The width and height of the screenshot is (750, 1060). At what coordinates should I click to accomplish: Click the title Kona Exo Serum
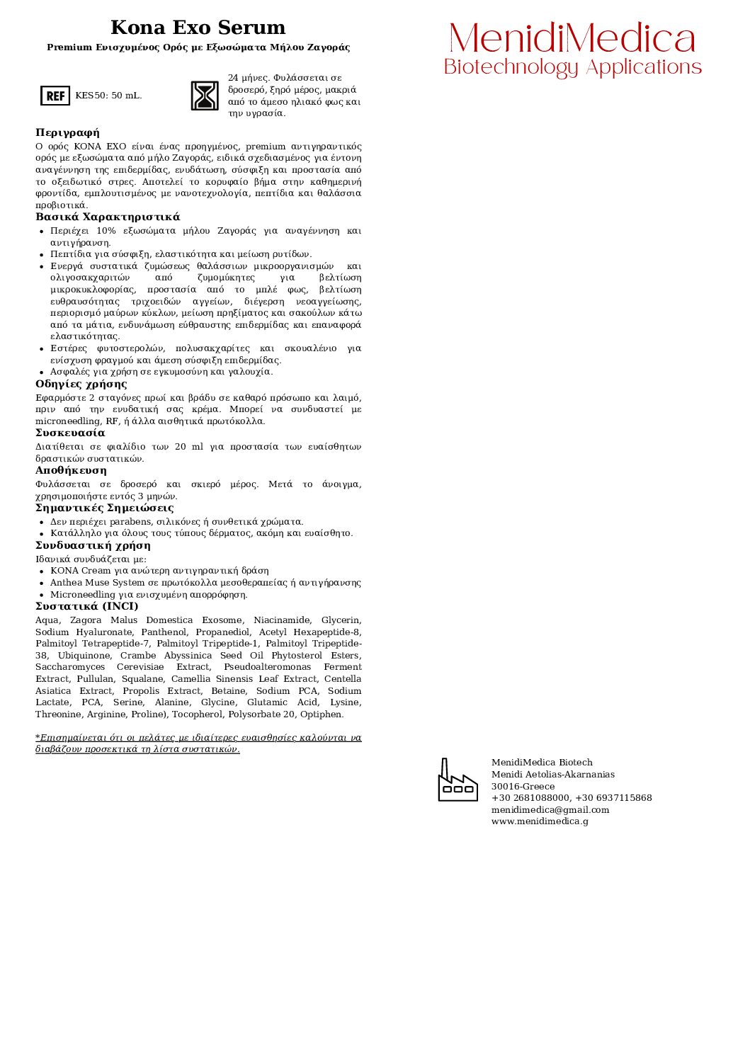coord(198,28)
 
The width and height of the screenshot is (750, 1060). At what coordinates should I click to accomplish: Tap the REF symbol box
coord(55,96)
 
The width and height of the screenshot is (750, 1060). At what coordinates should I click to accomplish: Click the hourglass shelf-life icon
coord(205,96)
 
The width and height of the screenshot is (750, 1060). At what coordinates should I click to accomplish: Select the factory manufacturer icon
coord(458,780)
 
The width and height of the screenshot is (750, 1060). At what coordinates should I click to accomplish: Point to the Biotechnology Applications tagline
coord(572,67)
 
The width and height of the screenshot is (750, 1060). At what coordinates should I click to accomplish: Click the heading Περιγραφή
coord(68,132)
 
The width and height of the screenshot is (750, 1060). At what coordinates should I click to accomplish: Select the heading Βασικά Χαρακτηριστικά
coord(108,217)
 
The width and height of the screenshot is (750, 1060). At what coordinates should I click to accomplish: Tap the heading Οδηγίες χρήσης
coord(81,384)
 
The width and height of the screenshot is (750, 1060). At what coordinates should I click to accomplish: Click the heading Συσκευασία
coord(70,433)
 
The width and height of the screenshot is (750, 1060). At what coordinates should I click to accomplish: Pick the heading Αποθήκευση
coord(71,470)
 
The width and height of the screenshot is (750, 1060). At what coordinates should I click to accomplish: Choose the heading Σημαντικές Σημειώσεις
coord(104,508)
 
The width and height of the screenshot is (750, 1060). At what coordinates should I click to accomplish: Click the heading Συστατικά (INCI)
coord(87,606)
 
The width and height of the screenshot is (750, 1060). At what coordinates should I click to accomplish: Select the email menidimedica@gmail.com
coord(550,810)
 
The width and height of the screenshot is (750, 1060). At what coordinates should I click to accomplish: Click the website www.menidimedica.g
coord(540,821)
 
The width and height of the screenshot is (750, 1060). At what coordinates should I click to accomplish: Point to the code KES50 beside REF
coord(90,96)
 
